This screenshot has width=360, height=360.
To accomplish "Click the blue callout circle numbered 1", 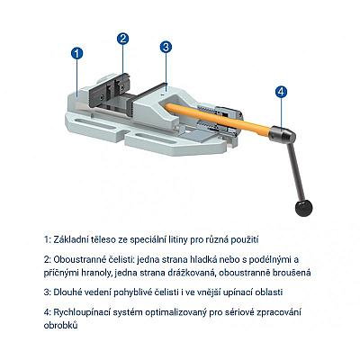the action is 76,53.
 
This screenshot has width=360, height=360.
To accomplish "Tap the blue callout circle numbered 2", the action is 122,39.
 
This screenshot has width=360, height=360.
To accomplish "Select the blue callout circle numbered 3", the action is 166,47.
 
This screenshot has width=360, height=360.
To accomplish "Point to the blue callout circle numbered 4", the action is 281,92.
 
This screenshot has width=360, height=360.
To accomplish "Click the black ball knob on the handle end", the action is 303,208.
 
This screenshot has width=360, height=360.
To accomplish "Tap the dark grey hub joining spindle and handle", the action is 282,133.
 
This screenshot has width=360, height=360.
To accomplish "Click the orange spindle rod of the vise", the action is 216,119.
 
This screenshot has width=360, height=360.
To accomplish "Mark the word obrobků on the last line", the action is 60,325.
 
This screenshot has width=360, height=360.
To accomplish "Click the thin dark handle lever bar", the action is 293,172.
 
